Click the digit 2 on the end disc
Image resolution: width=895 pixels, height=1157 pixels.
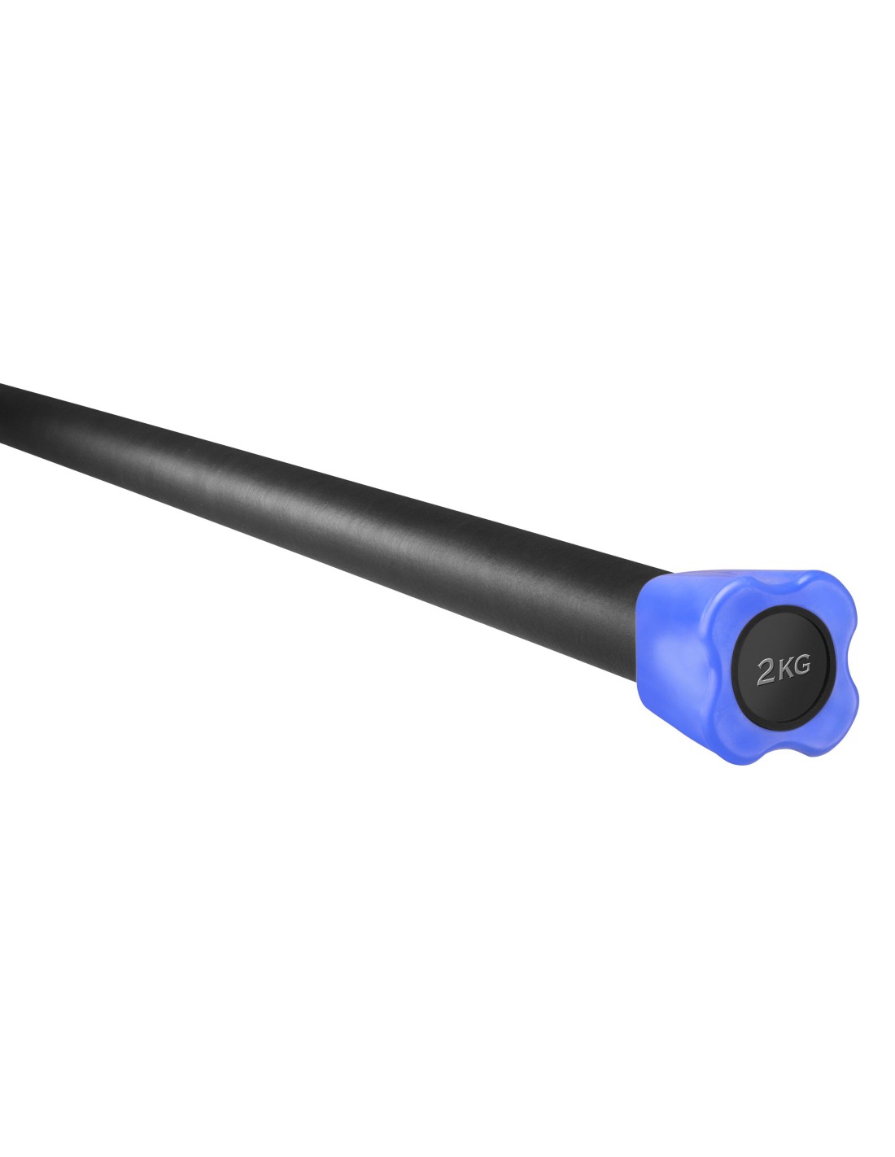click(x=765, y=673)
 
